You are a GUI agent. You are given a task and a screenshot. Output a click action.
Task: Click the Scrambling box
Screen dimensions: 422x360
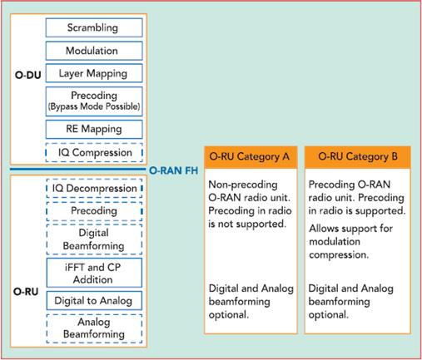(94, 27)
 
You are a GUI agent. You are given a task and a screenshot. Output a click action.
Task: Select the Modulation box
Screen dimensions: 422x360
(94, 51)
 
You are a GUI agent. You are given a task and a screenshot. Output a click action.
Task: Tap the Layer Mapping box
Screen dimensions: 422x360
(94, 73)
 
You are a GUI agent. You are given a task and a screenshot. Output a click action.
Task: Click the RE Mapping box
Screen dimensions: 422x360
(94, 129)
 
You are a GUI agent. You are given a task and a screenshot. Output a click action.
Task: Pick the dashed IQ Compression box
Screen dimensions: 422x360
(94, 152)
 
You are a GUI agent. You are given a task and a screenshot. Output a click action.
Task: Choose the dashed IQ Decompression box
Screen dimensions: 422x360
(94, 189)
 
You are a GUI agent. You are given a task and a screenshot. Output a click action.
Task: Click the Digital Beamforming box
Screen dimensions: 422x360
(94, 239)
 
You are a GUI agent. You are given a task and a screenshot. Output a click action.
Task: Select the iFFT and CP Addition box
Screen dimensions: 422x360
(94, 273)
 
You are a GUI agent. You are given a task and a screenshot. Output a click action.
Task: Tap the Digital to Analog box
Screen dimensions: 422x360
(94, 301)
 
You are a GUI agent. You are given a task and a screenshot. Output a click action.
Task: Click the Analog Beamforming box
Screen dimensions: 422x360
(94, 328)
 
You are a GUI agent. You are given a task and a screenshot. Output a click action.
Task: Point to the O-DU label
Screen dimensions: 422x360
(27, 75)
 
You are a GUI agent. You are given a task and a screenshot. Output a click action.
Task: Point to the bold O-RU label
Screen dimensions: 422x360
(26, 292)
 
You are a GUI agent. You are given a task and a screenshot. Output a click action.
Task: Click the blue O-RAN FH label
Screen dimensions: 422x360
(174, 170)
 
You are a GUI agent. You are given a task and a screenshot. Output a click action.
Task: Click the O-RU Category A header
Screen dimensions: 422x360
(251, 157)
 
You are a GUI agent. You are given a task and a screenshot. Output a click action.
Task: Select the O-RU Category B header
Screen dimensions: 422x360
(358, 157)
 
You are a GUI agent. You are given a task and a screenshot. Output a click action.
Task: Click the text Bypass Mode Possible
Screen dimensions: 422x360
(94, 106)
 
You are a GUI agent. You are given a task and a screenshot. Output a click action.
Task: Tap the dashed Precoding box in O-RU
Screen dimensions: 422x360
(94, 211)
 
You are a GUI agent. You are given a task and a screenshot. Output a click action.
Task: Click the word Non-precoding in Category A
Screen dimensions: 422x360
(243, 185)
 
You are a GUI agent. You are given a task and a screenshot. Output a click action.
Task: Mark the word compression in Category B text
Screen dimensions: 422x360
(339, 255)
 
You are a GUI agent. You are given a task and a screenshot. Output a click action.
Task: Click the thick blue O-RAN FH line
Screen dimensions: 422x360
(77, 169)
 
